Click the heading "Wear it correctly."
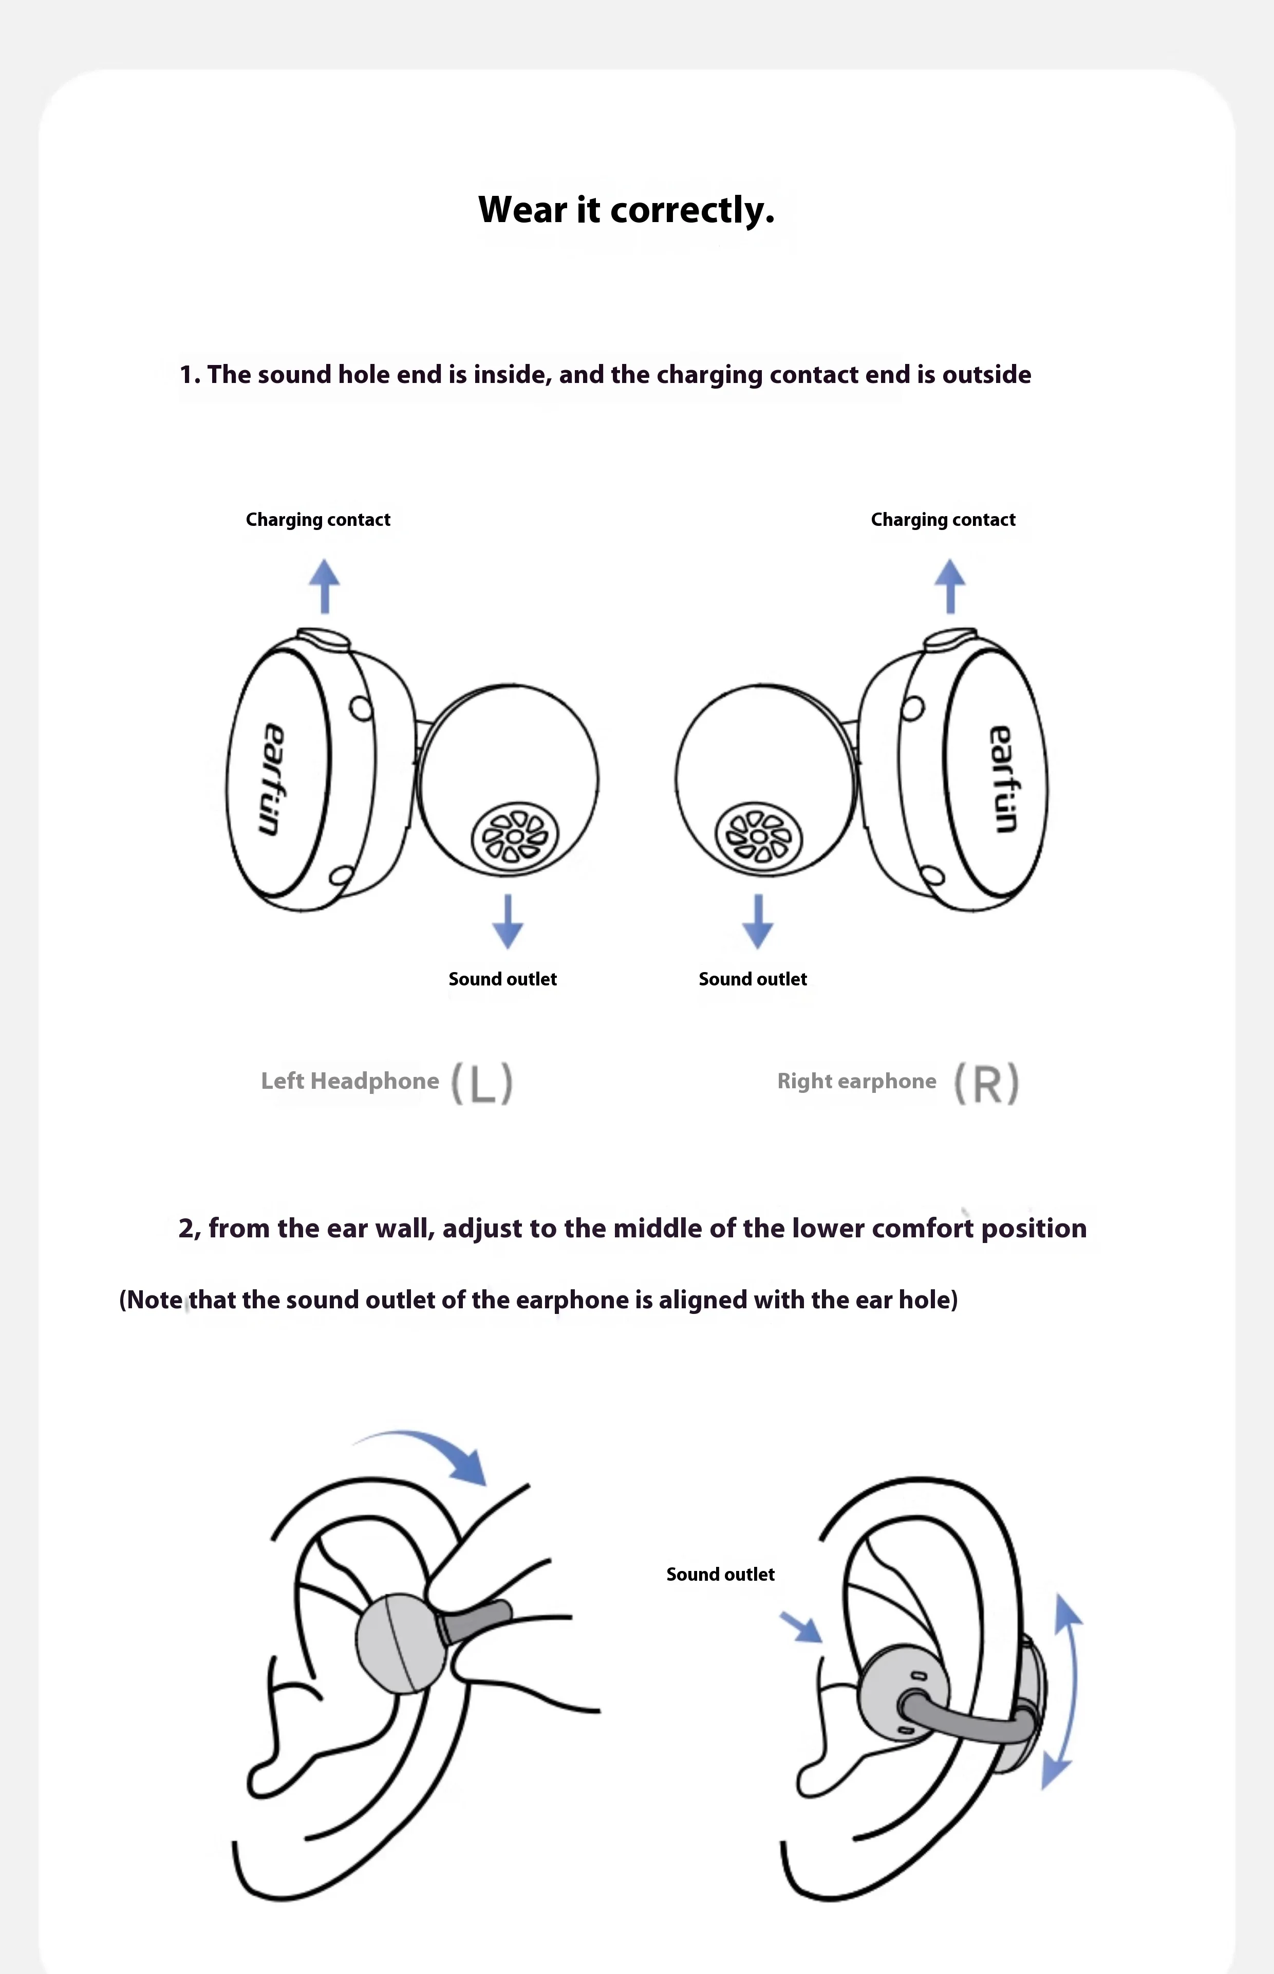pyautogui.click(x=626, y=209)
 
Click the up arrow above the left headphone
pyautogui.click(x=324, y=586)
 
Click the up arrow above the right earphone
pyautogui.click(x=950, y=586)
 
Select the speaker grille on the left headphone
pyautogui.click(x=515, y=837)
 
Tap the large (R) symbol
pyautogui.click(x=986, y=1083)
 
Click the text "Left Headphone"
pyautogui.click(x=350, y=1081)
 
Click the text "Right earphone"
pyautogui.click(x=856, y=1081)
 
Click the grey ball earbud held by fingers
pyautogui.click(x=400, y=1643)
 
